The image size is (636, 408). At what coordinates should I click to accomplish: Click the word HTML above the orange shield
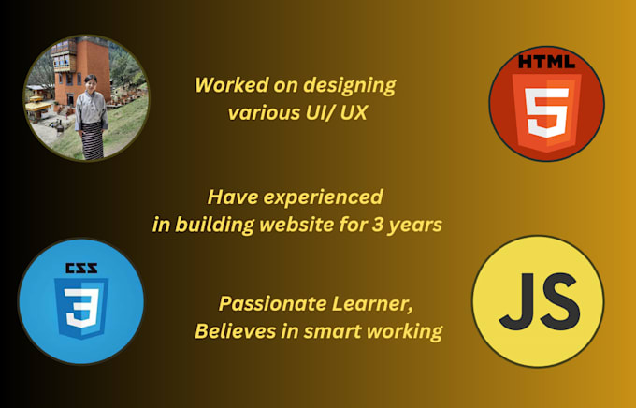coord(547,64)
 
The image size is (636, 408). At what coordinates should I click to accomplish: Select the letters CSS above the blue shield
coord(81,268)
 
